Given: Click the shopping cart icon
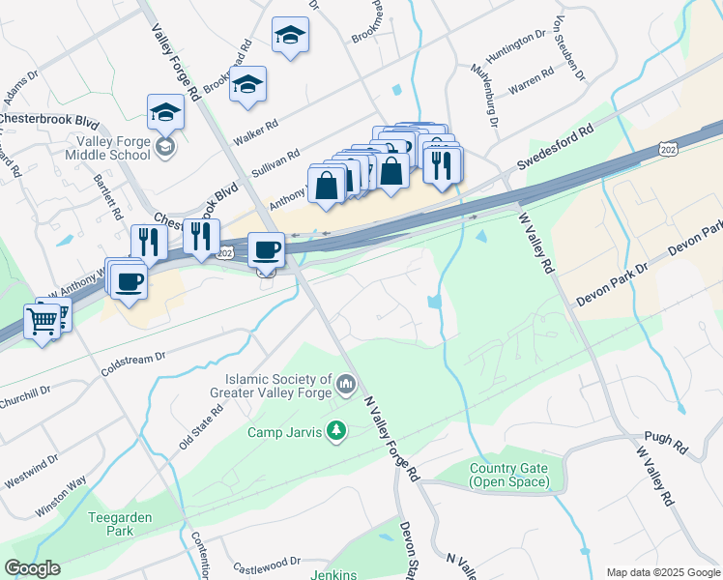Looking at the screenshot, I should pyautogui.click(x=42, y=321).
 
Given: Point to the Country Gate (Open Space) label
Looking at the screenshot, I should pyautogui.click(x=508, y=475).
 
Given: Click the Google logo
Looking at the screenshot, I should pyautogui.click(x=33, y=568).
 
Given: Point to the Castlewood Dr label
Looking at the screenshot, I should pyautogui.click(x=267, y=561).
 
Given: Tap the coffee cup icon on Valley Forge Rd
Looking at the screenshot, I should pyautogui.click(x=267, y=250).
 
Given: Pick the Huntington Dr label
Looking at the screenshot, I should pyautogui.click(x=519, y=43).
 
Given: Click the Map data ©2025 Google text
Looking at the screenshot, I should pyautogui.click(x=662, y=572).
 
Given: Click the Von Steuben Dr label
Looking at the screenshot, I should pyautogui.click(x=568, y=48).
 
